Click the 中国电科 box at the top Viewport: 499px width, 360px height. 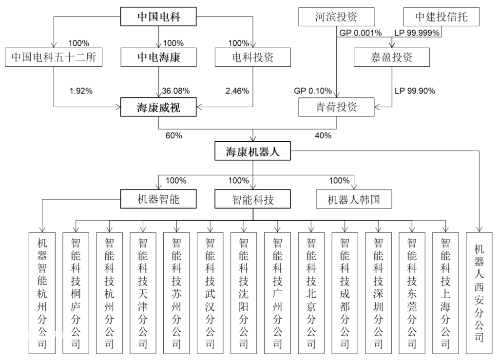point(158,17)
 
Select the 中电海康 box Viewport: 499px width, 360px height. point(158,57)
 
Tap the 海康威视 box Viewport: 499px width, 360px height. point(158,107)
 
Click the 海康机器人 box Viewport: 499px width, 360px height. point(253,151)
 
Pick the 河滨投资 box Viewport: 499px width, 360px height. point(336,17)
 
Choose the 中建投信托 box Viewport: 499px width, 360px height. point(441,17)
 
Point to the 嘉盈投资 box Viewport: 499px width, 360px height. point(392,57)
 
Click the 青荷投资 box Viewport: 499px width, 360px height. point(336,107)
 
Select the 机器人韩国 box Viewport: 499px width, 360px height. point(354,199)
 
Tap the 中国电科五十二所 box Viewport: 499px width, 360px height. point(54,57)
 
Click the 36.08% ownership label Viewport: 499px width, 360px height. point(175,91)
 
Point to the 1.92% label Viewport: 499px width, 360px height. point(81,91)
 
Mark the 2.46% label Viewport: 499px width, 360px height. point(237,91)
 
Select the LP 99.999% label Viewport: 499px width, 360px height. point(417,33)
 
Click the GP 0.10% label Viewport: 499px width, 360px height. point(313,91)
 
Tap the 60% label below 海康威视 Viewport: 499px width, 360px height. point(174,135)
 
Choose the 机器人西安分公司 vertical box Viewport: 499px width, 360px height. point(479,293)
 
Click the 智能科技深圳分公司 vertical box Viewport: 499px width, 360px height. point(378,293)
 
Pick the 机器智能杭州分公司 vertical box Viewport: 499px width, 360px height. point(42,293)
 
